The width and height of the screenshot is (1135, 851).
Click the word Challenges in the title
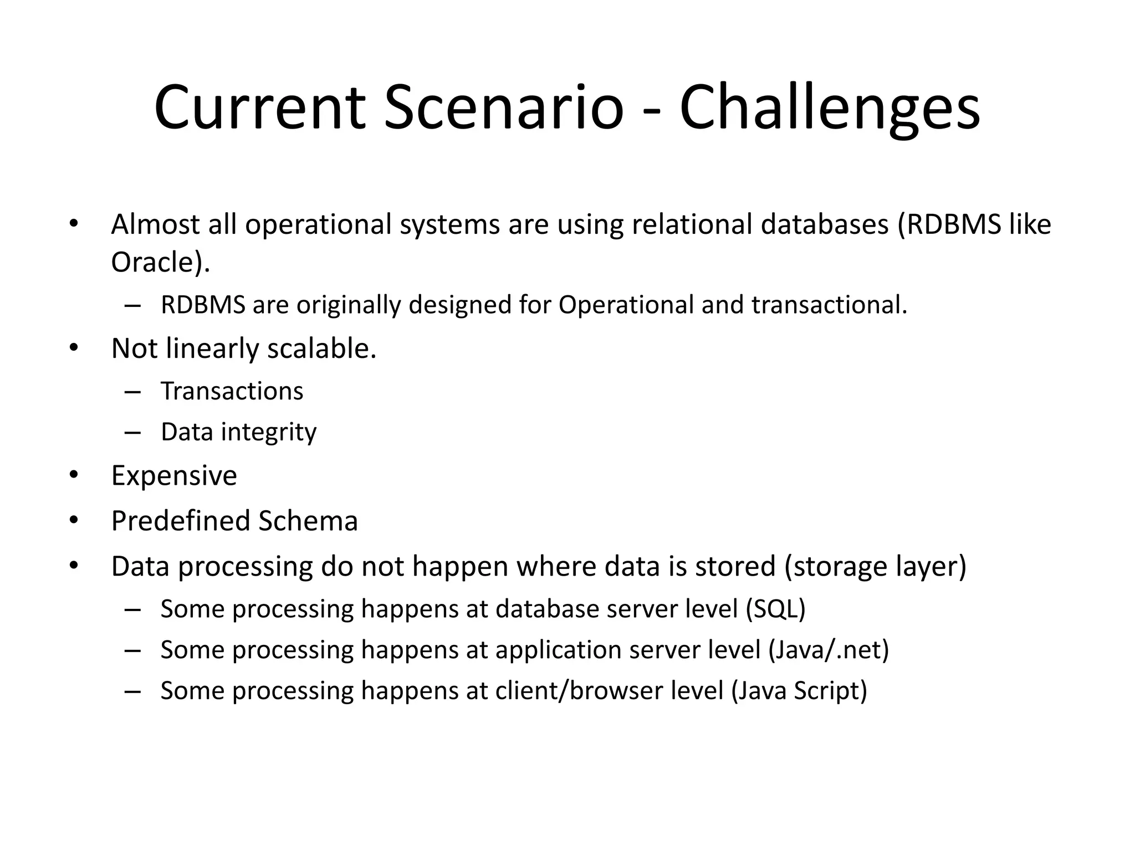(x=830, y=108)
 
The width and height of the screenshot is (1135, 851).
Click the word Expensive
(x=174, y=476)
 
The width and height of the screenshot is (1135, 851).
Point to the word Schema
(x=308, y=521)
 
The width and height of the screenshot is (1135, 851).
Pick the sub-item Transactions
(x=232, y=391)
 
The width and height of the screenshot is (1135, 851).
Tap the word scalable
(x=322, y=349)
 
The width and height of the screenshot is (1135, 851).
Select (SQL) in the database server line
(x=775, y=609)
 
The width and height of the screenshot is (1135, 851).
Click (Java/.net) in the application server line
(x=829, y=650)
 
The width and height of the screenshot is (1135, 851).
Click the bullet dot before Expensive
(x=74, y=476)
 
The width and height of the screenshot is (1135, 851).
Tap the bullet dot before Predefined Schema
(x=74, y=521)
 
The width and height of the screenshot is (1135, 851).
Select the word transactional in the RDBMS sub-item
(x=829, y=305)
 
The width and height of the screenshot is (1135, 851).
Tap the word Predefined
(x=180, y=521)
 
